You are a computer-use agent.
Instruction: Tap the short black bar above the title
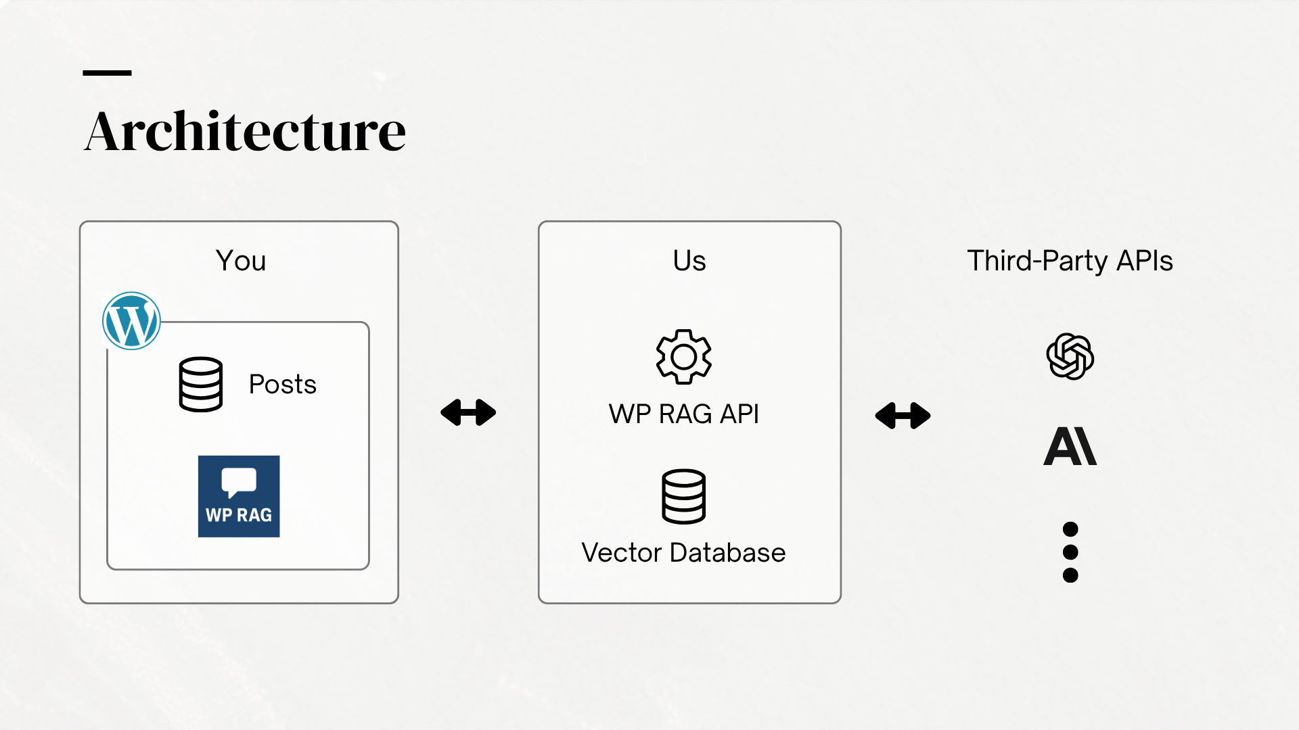pyautogui.click(x=107, y=72)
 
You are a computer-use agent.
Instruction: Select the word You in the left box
pyautogui.click(x=241, y=261)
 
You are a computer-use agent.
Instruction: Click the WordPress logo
pyautogui.click(x=131, y=320)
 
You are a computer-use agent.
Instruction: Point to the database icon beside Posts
pyautogui.click(x=201, y=384)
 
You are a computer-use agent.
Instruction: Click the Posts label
pyautogui.click(x=283, y=384)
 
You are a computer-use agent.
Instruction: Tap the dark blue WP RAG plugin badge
pyautogui.click(x=239, y=496)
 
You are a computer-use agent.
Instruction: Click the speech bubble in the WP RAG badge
pyautogui.click(x=238, y=482)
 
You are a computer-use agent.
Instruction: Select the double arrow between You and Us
pyautogui.click(x=468, y=412)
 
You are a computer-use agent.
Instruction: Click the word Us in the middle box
pyautogui.click(x=689, y=261)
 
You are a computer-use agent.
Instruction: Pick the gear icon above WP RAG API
pyautogui.click(x=684, y=357)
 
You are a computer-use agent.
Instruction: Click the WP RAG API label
pyautogui.click(x=684, y=414)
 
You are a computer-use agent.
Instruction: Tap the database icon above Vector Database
pyautogui.click(x=684, y=496)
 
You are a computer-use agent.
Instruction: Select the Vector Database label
pyautogui.click(x=683, y=553)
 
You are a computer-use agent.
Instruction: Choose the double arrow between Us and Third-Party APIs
pyautogui.click(x=903, y=416)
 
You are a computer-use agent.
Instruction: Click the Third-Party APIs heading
pyautogui.click(x=1070, y=261)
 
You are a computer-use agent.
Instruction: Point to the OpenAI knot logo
pyautogui.click(x=1070, y=356)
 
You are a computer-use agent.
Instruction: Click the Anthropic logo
pyautogui.click(x=1070, y=446)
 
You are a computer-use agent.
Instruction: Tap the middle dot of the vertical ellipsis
pyautogui.click(x=1070, y=552)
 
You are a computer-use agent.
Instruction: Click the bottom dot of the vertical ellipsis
pyautogui.click(x=1070, y=575)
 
